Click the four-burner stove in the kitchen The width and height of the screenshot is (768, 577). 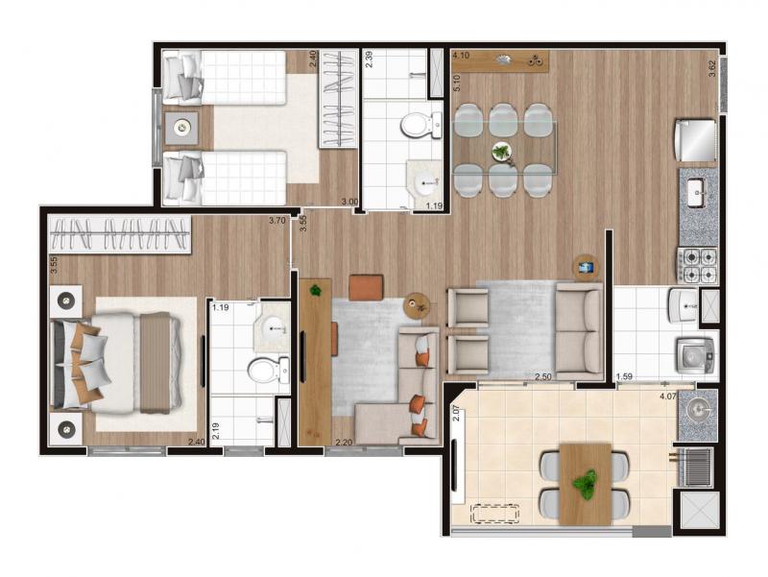coord(698,266)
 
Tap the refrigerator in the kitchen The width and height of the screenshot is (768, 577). coord(695,140)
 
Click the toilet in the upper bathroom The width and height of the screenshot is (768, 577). coord(421,125)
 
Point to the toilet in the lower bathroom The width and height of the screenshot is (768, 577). coord(269,370)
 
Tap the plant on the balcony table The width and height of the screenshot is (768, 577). coord(585,484)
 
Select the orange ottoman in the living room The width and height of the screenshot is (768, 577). coord(366,287)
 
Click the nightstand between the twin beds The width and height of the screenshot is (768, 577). coord(181,129)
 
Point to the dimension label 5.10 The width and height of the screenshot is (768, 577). coord(457,84)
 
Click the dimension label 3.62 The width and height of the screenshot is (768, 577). coord(712,68)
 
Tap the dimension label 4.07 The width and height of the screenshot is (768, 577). coord(667,397)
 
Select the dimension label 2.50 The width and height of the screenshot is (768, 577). coord(543,376)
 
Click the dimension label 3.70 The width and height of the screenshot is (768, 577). coord(276,221)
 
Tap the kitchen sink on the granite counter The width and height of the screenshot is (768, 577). coord(695,192)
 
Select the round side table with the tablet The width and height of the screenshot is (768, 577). coord(587,268)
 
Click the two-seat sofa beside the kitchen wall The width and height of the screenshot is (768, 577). coord(579,331)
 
